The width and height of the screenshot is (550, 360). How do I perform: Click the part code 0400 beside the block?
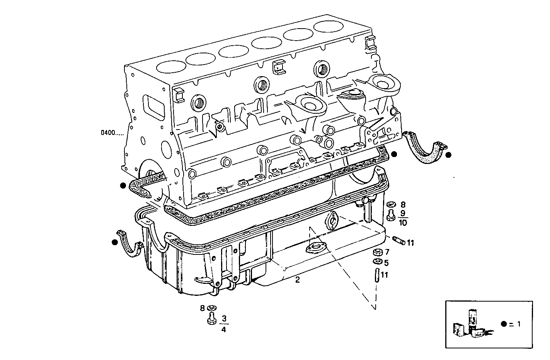[112, 133]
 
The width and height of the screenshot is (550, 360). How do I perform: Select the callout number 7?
[387, 252]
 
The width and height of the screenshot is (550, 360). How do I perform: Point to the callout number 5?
[387, 263]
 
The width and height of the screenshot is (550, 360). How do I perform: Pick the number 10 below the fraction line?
[403, 222]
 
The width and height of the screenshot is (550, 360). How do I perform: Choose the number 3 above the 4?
[224, 319]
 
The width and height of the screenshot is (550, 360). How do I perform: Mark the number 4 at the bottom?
[224, 329]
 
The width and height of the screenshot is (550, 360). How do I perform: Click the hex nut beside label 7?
[378, 253]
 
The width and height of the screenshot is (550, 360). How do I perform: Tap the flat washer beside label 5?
[378, 263]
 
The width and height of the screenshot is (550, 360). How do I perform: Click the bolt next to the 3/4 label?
[211, 319]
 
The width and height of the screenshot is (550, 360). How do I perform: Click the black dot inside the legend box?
[503, 324]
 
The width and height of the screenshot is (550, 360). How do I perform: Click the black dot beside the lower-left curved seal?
[114, 242]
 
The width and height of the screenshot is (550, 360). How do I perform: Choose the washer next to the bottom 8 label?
[211, 308]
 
